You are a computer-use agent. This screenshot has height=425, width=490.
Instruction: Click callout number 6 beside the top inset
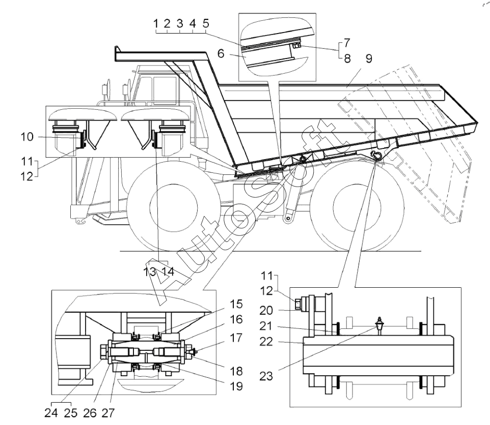click(221, 53)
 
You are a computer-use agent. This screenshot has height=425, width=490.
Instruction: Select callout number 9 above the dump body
click(369, 58)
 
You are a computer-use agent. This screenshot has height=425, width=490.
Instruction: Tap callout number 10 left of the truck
click(27, 137)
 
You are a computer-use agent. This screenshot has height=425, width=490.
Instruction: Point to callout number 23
click(266, 376)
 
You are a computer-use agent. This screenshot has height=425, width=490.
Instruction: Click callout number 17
click(236, 338)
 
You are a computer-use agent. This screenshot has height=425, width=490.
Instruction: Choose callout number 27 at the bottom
click(108, 413)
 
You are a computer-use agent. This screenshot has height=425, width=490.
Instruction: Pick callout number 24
click(51, 413)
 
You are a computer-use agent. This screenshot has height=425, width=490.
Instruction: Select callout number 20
click(266, 310)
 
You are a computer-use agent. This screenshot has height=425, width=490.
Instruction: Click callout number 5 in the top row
click(206, 23)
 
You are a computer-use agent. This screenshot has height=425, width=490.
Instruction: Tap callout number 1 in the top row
click(156, 23)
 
